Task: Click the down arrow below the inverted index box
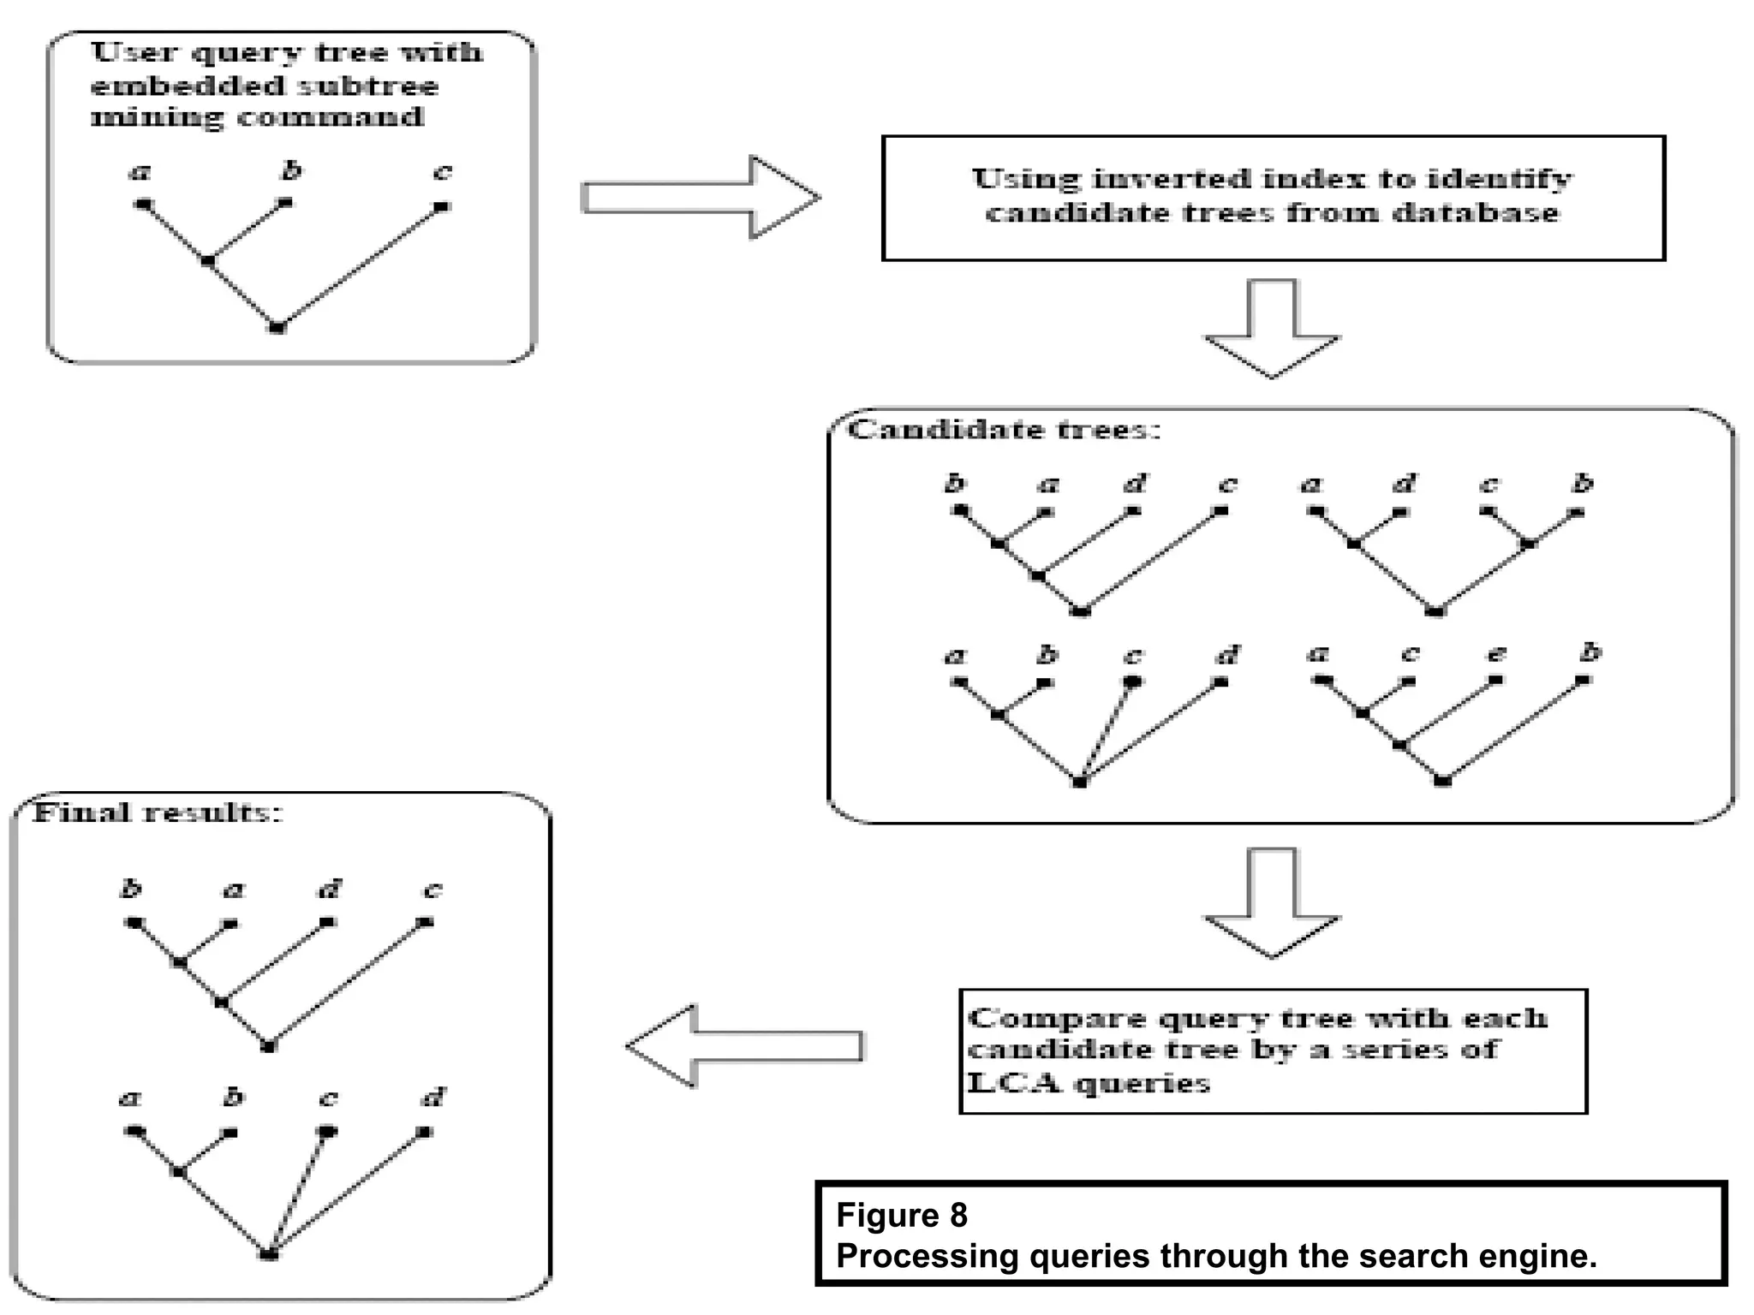point(1272,330)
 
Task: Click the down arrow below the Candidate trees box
point(1272,904)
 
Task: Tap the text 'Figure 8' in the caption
point(901,1215)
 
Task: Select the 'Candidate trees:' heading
point(1004,429)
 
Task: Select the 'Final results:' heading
point(158,812)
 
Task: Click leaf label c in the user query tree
point(442,172)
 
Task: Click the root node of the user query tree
point(277,327)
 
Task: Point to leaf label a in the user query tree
point(140,172)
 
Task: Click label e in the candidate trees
point(1495,654)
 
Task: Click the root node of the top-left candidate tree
point(1081,610)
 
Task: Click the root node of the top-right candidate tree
point(1437,610)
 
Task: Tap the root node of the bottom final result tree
point(268,1254)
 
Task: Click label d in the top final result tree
point(329,890)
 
